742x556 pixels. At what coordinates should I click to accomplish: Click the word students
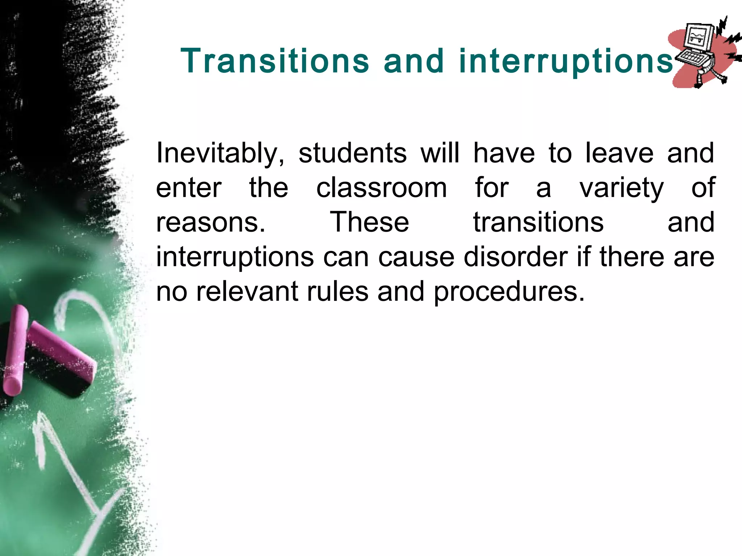pyautogui.click(x=352, y=153)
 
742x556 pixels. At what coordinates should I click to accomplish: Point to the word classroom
pyautogui.click(x=382, y=188)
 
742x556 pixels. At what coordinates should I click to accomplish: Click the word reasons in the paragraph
pyautogui.click(x=210, y=223)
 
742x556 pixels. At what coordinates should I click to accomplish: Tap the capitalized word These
pyautogui.click(x=369, y=222)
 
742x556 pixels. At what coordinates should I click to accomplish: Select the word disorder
pyautogui.click(x=516, y=257)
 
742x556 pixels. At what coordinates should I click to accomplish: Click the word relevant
pyautogui.click(x=247, y=291)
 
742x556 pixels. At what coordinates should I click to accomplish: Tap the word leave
pyautogui.click(x=619, y=153)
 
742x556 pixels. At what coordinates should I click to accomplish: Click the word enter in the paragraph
pyautogui.click(x=188, y=188)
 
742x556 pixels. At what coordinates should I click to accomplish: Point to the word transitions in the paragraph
pyautogui.click(x=538, y=222)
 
